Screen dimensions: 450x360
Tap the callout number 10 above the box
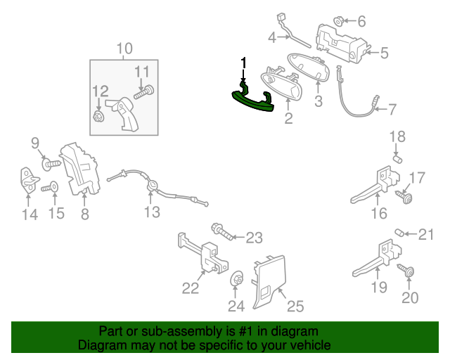(125, 49)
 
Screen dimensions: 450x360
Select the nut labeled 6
(339, 21)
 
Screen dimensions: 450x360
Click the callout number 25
(295, 306)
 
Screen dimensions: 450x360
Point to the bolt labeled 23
(222, 231)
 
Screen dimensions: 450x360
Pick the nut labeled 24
(237, 278)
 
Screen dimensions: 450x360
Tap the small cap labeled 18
(397, 159)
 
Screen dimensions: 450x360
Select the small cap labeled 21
(399, 233)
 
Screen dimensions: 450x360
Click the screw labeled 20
(406, 271)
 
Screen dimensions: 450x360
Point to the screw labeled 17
(404, 197)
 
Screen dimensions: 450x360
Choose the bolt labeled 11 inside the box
(144, 92)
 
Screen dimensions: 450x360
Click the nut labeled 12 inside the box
(98, 116)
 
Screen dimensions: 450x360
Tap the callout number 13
(152, 212)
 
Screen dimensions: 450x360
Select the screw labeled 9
(51, 165)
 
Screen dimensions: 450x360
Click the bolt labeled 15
(50, 188)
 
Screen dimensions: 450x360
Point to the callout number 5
(384, 53)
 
